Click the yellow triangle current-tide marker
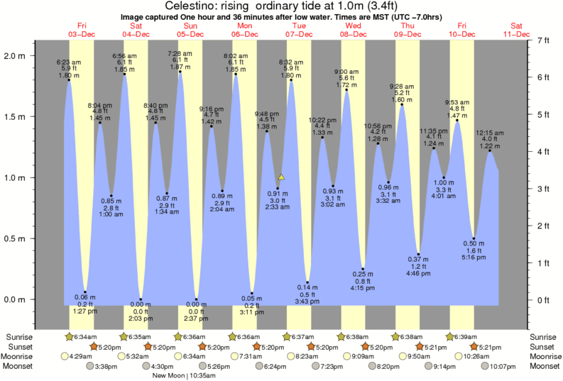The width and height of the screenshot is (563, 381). (282, 177)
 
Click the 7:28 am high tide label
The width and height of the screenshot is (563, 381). (180, 53)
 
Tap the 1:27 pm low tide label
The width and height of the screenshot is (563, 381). (85, 311)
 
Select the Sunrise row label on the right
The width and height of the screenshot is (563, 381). (542, 336)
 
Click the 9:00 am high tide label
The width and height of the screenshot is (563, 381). (346, 72)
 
